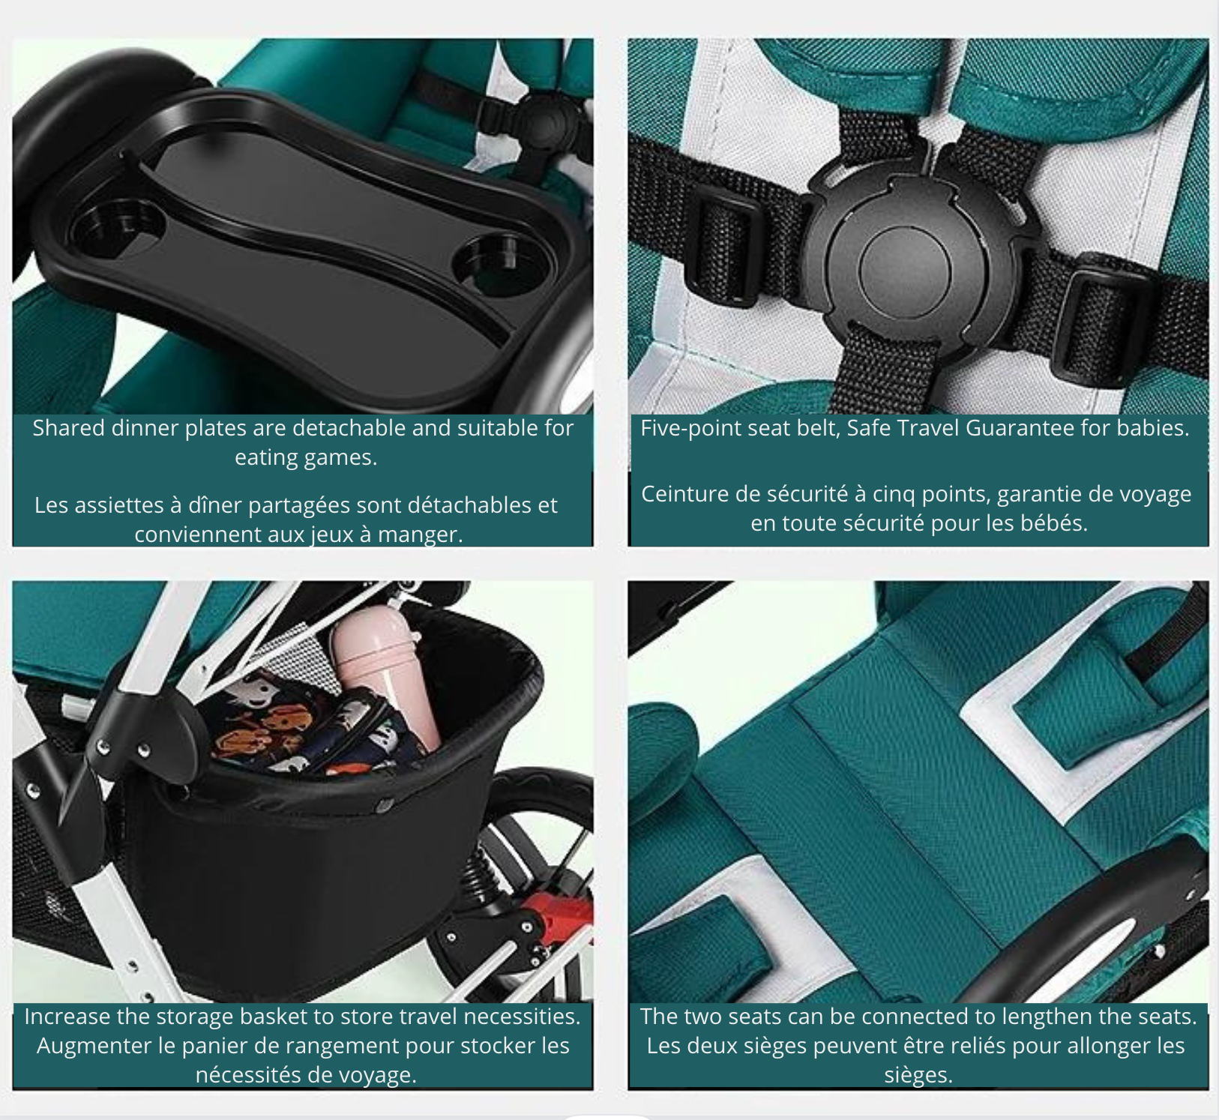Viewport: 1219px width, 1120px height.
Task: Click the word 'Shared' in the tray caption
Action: point(68,428)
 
